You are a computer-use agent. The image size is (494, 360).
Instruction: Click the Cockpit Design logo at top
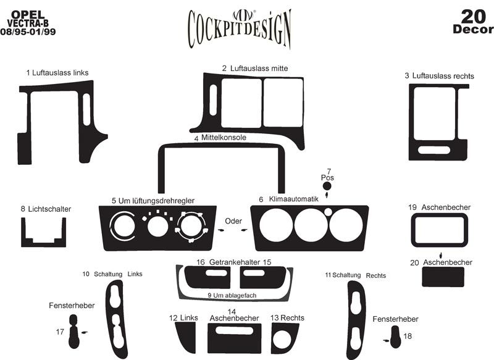(x=238, y=27)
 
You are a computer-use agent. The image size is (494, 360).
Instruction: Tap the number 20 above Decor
(x=473, y=15)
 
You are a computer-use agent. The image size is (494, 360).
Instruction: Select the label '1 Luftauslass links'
(x=57, y=73)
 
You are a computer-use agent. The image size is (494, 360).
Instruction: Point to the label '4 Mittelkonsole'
(x=220, y=138)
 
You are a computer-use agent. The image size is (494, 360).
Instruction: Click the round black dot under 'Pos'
(x=327, y=186)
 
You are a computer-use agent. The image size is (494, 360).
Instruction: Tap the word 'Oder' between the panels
(x=233, y=220)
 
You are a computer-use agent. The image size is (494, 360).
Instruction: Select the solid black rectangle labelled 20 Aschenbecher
(x=443, y=277)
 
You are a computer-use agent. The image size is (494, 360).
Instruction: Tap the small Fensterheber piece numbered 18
(x=395, y=336)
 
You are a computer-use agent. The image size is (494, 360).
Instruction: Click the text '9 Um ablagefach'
(x=232, y=295)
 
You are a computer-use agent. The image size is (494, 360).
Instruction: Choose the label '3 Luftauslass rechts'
(x=439, y=76)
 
